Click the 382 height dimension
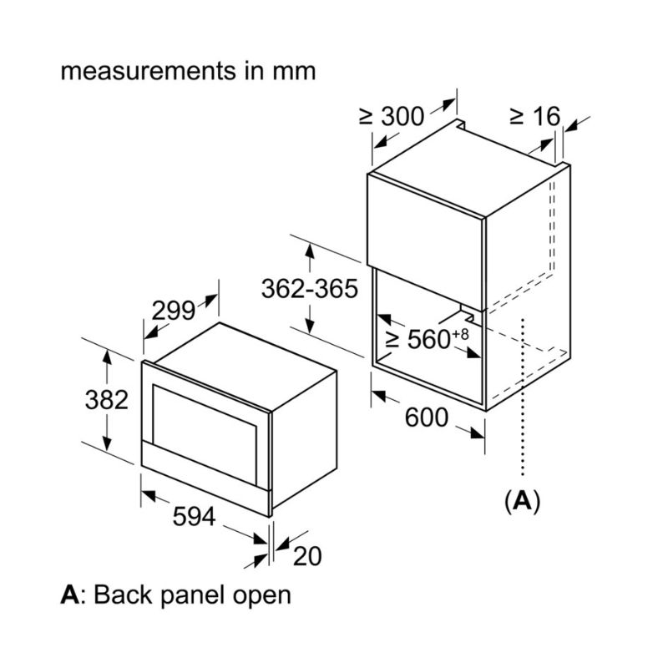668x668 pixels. point(107,400)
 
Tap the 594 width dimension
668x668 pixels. point(194,518)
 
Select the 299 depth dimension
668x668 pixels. point(173,311)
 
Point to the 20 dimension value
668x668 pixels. point(307,555)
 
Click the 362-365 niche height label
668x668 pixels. point(309,289)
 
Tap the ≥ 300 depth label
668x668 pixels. point(392,117)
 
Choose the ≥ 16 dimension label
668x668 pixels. point(534,117)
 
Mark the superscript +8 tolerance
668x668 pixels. point(459,332)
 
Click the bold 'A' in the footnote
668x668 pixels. point(70,595)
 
